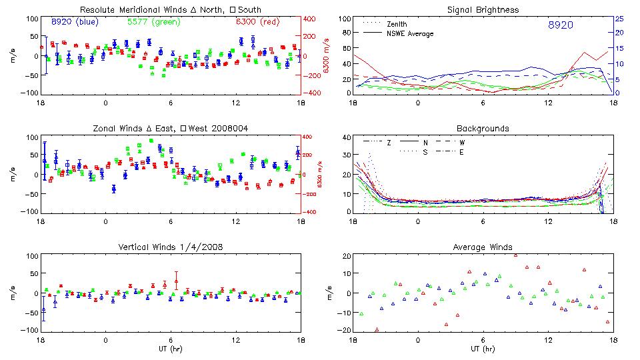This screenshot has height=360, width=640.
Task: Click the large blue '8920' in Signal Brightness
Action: pyautogui.click(x=560, y=25)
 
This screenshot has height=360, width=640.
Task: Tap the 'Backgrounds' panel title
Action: pyautogui.click(x=483, y=128)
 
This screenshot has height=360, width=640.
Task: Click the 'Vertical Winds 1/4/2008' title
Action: pyautogui.click(x=171, y=247)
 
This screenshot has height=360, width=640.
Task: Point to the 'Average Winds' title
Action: pyautogui.click(x=483, y=247)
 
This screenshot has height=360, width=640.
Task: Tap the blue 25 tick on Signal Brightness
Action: pyautogui.click(x=619, y=19)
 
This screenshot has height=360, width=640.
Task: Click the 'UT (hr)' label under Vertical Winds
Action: pyautogui.click(x=171, y=348)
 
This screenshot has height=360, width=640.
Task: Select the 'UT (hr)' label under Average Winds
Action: pyautogui.click(x=483, y=348)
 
